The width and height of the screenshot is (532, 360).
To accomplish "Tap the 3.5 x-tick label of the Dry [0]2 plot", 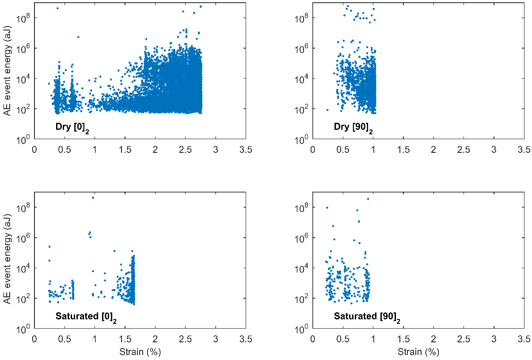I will click(x=246, y=150).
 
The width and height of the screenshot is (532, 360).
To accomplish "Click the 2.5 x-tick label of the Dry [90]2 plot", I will click(x=464, y=150).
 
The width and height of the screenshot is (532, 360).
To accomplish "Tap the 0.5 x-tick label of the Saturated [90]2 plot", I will click(x=343, y=339).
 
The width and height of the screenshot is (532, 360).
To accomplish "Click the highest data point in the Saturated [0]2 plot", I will click(x=93, y=197).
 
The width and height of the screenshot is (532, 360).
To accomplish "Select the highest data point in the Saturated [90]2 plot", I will click(x=368, y=199).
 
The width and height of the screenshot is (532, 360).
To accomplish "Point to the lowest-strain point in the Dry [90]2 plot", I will click(x=327, y=110).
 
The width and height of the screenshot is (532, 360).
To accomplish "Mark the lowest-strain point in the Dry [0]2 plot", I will click(x=49, y=83).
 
